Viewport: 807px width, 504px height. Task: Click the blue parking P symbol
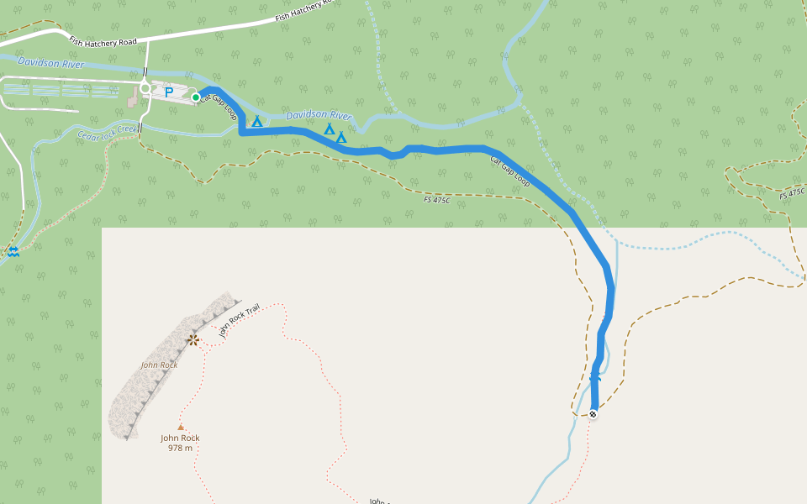click(x=169, y=92)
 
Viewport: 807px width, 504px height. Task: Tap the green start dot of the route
click(x=196, y=97)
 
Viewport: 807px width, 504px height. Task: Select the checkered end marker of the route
click(x=593, y=413)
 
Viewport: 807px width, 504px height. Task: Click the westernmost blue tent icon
click(x=257, y=121)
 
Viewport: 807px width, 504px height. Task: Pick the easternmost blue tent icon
click(x=341, y=136)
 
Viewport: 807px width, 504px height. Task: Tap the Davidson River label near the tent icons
click(x=319, y=115)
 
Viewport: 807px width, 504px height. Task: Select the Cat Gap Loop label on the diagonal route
click(x=509, y=171)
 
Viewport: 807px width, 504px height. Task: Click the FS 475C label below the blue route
click(x=437, y=199)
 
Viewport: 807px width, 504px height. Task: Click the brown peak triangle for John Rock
click(x=180, y=427)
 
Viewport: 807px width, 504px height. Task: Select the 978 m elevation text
click(x=180, y=448)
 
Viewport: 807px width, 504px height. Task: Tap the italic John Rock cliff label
click(x=159, y=365)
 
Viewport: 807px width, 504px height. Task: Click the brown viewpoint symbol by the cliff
click(x=193, y=339)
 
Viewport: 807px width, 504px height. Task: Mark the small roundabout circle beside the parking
click(x=145, y=87)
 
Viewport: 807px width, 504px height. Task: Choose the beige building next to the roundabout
click(x=133, y=99)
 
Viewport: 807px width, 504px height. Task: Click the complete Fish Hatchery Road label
click(x=103, y=41)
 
